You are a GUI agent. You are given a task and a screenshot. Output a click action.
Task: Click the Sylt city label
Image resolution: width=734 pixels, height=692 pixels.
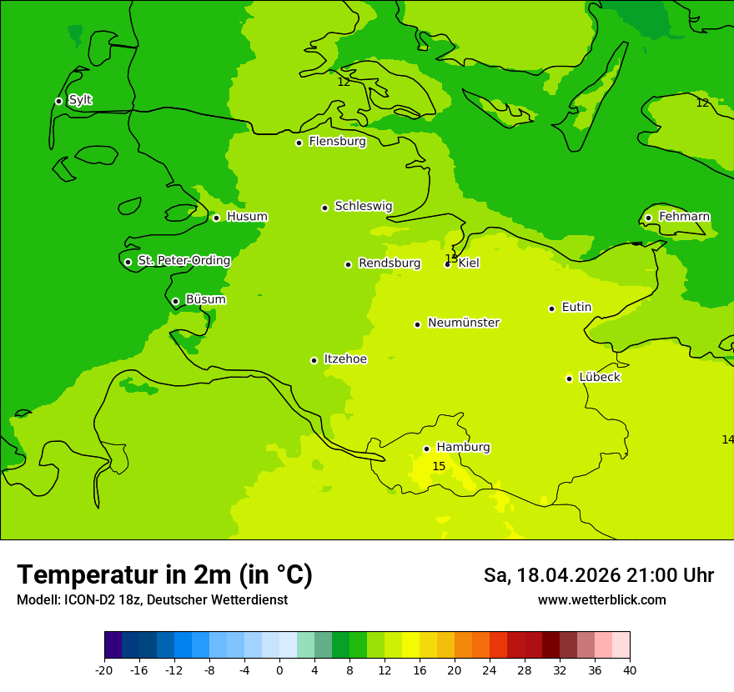click(80, 100)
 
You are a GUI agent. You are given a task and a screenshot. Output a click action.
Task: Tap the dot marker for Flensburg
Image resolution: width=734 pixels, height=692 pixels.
click(299, 143)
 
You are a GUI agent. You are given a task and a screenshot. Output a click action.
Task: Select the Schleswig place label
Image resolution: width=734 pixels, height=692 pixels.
click(363, 206)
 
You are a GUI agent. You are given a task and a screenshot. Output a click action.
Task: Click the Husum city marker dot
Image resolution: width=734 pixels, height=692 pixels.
click(216, 218)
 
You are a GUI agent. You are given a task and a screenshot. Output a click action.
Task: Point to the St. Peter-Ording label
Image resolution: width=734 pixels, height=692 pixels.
click(183, 260)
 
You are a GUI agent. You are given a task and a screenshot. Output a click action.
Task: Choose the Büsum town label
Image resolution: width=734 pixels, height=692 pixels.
click(205, 299)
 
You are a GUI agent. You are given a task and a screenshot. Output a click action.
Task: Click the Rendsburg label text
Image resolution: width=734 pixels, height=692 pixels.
click(389, 263)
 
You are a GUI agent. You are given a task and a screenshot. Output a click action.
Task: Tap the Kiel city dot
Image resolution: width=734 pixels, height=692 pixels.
click(448, 264)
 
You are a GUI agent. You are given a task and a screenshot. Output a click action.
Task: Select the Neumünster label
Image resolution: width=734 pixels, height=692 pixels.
click(463, 323)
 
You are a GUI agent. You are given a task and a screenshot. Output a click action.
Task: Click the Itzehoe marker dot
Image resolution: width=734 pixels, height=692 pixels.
click(314, 360)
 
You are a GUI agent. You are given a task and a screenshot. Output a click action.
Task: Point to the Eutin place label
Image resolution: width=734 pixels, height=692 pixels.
click(576, 307)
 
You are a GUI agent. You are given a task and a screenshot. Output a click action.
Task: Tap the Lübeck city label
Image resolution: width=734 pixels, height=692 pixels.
click(599, 377)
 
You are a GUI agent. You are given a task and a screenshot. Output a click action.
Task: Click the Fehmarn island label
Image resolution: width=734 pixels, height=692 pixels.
click(684, 217)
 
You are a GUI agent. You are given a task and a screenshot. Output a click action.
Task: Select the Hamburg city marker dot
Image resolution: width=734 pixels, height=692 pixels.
click(426, 449)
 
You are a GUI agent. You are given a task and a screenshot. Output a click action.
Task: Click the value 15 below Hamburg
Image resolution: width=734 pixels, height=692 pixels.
click(439, 466)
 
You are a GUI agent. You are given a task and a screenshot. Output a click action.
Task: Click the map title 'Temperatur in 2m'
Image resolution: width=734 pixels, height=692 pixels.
click(164, 574)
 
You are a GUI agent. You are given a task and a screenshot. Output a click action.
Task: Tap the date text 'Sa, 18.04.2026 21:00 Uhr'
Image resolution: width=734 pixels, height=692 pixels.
click(598, 575)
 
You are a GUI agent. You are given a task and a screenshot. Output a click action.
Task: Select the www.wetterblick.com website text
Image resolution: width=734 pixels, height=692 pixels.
click(601, 599)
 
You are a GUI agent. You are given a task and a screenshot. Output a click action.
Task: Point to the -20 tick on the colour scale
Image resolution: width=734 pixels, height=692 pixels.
click(104, 670)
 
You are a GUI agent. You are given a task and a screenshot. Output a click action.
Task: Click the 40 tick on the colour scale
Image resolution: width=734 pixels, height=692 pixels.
click(630, 670)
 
